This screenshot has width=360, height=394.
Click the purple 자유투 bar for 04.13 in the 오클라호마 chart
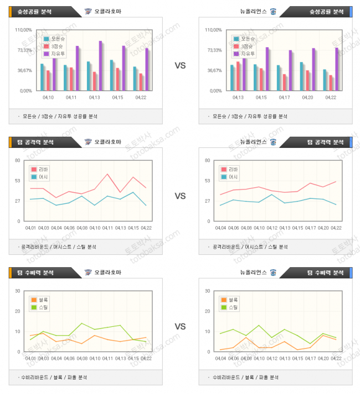tap(101, 65)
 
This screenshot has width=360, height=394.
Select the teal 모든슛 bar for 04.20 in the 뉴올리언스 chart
tap(302, 76)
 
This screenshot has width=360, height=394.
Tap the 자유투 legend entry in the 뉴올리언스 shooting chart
tap(247, 54)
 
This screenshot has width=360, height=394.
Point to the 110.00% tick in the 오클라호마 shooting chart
tap(24, 30)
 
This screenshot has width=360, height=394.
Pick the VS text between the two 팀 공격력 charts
tap(180, 196)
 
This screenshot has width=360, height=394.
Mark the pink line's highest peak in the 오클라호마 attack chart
tap(107, 175)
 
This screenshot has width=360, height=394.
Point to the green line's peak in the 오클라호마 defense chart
tap(82, 323)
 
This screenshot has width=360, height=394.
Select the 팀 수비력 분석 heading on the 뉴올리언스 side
tap(326, 273)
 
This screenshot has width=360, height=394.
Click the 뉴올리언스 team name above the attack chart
tap(253, 142)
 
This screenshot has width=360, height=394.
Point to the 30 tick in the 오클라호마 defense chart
tap(18, 291)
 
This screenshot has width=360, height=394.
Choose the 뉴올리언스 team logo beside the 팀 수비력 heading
tap(273, 273)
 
